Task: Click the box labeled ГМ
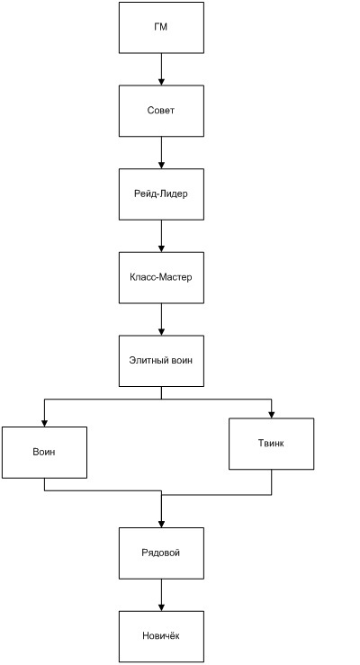coord(161,28)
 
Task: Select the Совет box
coord(161,111)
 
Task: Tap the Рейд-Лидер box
coord(161,194)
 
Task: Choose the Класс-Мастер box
coord(161,278)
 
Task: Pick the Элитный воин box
coord(161,361)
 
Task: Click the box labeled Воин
coord(44,453)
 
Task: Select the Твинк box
coord(272,444)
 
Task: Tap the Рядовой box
coord(161,553)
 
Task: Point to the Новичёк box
coord(161,636)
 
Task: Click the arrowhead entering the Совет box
coord(161,82)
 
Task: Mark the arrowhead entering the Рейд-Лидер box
coord(161,166)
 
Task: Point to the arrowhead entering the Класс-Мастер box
coord(161,249)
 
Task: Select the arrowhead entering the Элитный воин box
coord(161,332)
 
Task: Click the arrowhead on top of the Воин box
coord(44,423)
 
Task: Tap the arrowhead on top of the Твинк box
coord(272,415)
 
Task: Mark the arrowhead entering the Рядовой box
coord(161,525)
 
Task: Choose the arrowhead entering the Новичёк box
coord(161,607)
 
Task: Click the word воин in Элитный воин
coord(183,361)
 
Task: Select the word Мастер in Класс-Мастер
coord(178,277)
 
